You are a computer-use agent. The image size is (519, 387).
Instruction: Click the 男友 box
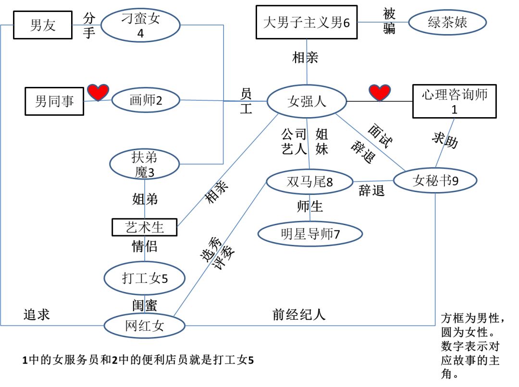pos(42,24)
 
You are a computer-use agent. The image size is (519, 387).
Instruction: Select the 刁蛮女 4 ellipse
pos(140,25)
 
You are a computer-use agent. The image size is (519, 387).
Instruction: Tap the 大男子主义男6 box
pos(307,22)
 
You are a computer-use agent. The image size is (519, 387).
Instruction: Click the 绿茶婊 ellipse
pos(447,22)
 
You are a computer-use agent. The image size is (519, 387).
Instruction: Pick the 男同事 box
pos(54,101)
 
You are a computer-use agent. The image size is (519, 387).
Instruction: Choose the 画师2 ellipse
pos(146,100)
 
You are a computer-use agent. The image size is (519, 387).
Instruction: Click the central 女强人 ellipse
pos(307,101)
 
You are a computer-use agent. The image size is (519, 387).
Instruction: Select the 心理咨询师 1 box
pos(454,101)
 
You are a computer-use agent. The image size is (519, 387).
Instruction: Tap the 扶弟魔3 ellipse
pos(145,164)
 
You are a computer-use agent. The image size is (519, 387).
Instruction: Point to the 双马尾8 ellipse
pos(309,182)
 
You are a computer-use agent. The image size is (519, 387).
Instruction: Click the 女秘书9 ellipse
pos(435,181)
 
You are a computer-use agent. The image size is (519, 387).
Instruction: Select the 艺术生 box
pos(145,227)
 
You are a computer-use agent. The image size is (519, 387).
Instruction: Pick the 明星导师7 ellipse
pos(310,234)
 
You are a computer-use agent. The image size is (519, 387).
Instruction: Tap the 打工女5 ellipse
pos(145,278)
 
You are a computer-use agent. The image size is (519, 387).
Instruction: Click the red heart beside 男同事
pos(98,92)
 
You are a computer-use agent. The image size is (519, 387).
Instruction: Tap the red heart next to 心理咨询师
pos(379,93)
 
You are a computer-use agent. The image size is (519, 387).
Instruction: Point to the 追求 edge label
pos(37,314)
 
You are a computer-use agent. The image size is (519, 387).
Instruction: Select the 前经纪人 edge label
pos(298,314)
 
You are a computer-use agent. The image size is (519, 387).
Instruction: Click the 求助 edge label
pos(445,140)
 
